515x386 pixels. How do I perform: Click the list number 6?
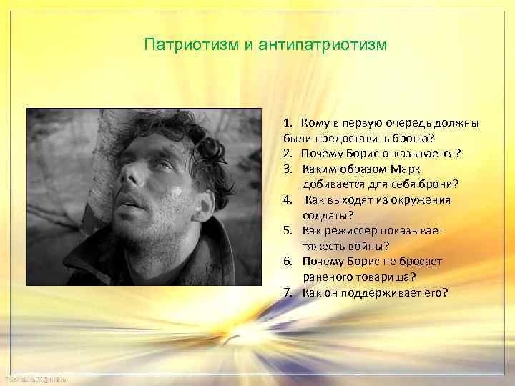click(x=287, y=262)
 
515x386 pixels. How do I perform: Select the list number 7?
click(x=287, y=292)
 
